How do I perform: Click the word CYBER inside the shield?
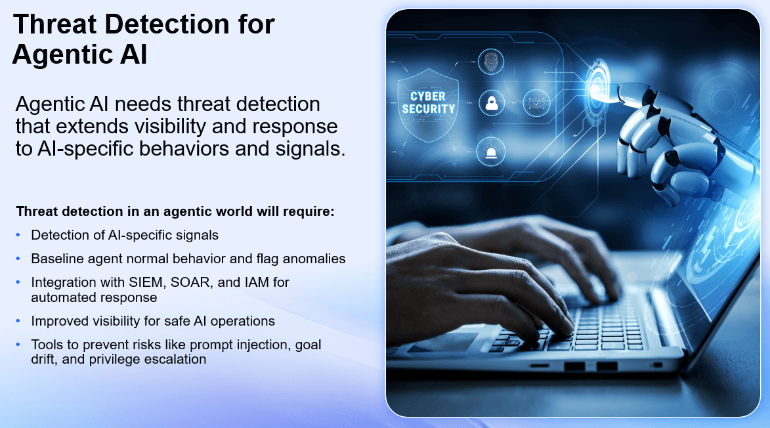pyautogui.click(x=428, y=96)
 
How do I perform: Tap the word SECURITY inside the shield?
pyautogui.click(x=428, y=109)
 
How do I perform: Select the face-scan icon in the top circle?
pyautogui.click(x=490, y=62)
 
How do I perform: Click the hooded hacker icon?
pyautogui.click(x=490, y=102)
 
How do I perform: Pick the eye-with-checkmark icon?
pyautogui.click(x=536, y=103)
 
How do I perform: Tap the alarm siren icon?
pyautogui.click(x=490, y=152)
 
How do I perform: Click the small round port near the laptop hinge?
pyautogui.click(x=657, y=364)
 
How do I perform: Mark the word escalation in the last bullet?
pyautogui.click(x=177, y=359)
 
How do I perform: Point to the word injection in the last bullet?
pyautogui.click(x=255, y=345)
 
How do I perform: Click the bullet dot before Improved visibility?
pyautogui.click(x=18, y=321)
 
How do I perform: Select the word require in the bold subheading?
pyautogui.click(x=311, y=212)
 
